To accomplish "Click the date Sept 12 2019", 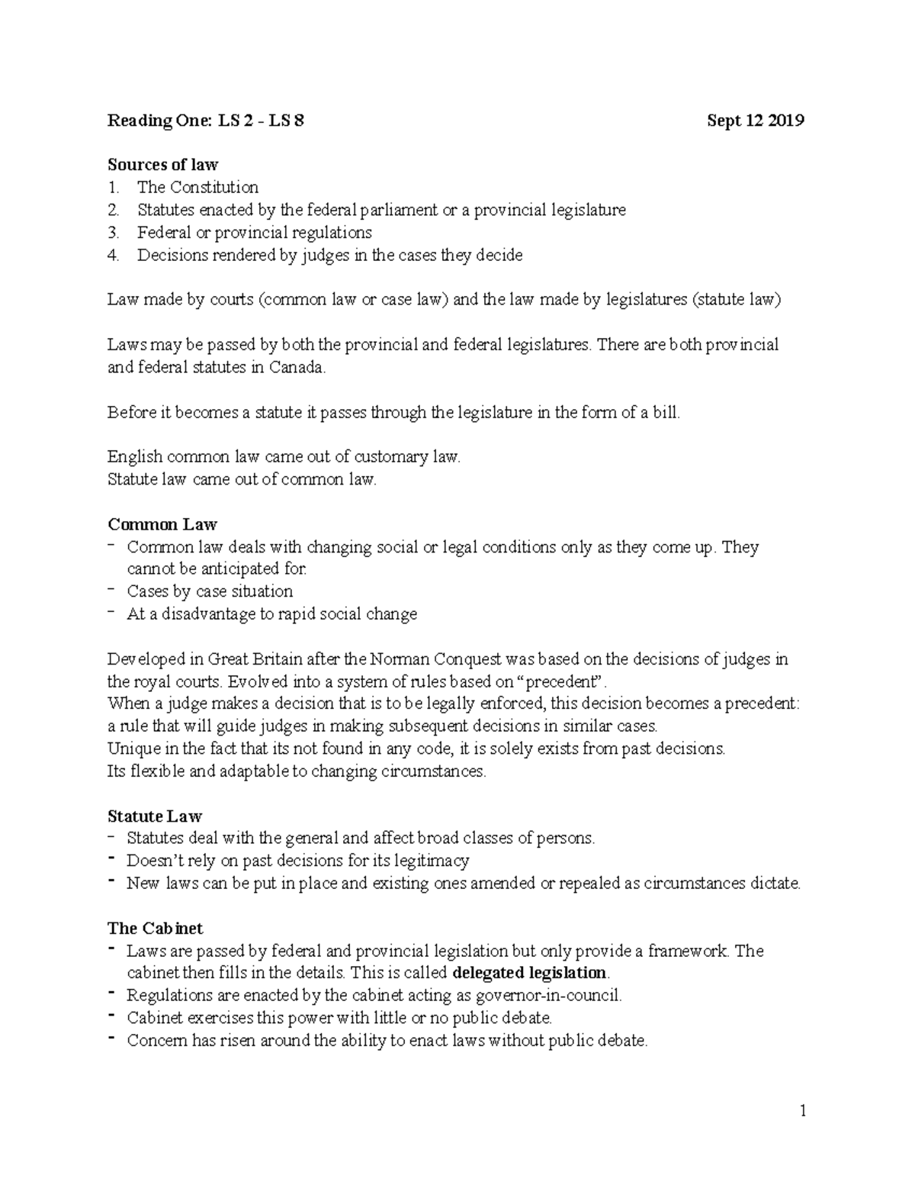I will (755, 121).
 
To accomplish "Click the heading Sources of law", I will (162, 165).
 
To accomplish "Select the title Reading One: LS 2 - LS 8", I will (206, 121).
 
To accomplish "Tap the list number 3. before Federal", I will (114, 233).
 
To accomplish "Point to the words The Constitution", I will (197, 188).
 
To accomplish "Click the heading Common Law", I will (162, 524).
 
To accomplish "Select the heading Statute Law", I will (155, 816).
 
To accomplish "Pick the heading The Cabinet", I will (156, 929).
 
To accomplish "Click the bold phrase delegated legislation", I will (530, 973).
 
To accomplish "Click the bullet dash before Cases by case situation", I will (113, 590).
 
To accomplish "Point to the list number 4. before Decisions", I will (114, 256).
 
